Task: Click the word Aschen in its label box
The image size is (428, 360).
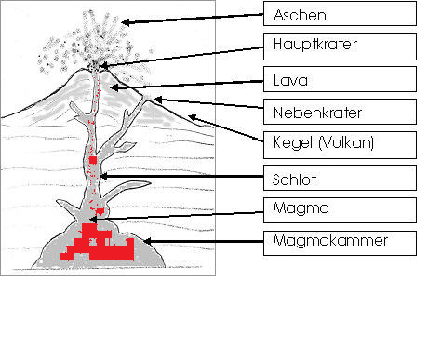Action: [x=300, y=15]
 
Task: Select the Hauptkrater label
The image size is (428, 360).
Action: [x=315, y=44]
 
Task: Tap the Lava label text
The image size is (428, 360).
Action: [x=290, y=80]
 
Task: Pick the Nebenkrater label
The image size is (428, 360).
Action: [x=317, y=113]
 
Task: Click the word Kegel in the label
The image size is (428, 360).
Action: [x=293, y=143]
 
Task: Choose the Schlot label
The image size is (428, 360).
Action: [x=294, y=180]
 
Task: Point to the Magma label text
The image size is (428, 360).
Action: [x=301, y=208]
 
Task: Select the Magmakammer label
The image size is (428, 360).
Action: [x=330, y=241]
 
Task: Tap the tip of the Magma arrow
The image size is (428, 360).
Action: [x=89, y=220]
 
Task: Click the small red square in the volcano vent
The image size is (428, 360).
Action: [x=93, y=160]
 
